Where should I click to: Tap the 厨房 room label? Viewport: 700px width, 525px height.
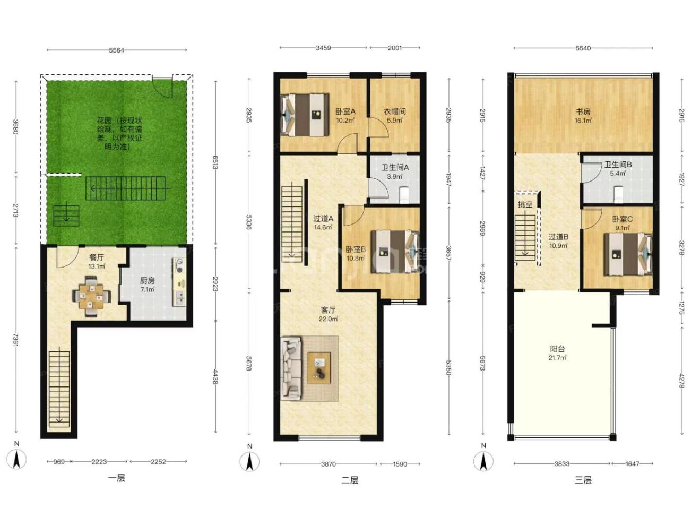point(147,280)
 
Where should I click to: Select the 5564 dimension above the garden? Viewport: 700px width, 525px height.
point(116,50)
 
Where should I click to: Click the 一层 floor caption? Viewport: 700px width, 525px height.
point(117,478)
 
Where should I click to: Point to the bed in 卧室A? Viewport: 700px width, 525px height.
point(305,115)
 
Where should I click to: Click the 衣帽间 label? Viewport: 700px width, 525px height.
point(394,111)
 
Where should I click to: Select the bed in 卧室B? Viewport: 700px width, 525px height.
point(395,251)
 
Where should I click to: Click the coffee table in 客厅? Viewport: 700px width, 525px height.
point(319,368)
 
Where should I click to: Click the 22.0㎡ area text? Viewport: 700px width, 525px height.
point(328,319)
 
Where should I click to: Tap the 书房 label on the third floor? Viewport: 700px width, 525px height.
point(583,111)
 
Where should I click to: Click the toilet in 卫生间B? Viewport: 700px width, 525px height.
point(619,194)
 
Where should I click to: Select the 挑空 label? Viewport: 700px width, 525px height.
point(525,204)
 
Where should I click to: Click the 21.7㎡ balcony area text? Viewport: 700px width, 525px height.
point(557,358)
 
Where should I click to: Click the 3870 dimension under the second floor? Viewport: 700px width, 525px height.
point(328,464)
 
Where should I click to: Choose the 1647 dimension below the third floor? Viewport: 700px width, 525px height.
point(632,463)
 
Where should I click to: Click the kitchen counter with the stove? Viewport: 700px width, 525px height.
point(179,281)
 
